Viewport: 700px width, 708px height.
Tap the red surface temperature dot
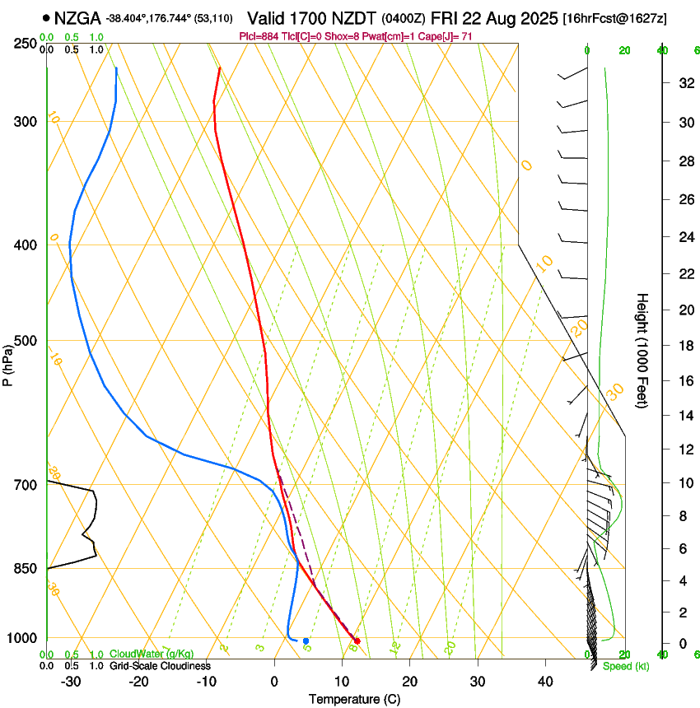[x=357, y=640]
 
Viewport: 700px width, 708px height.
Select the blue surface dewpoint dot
[x=306, y=640]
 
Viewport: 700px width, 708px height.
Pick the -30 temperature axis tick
[x=70, y=682]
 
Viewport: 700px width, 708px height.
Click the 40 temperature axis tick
[x=545, y=682]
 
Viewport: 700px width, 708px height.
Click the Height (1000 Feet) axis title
[x=643, y=350]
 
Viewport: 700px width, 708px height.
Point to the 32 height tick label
[x=683, y=83]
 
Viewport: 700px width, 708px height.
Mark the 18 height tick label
[x=683, y=346]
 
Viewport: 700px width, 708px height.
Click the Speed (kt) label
[x=625, y=666]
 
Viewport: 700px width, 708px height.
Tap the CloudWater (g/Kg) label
[x=152, y=654]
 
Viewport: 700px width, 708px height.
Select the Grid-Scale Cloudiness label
[x=160, y=666]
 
